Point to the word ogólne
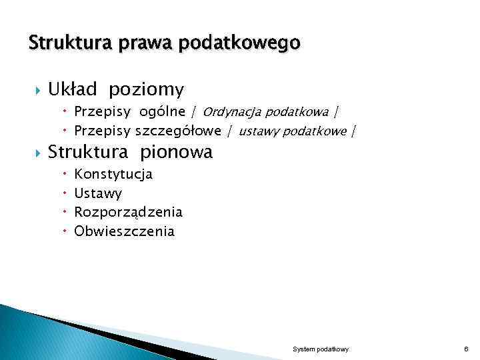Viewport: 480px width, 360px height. (x=162, y=111)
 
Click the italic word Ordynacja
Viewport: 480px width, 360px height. (x=231, y=111)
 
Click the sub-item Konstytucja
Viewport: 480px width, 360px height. (x=113, y=174)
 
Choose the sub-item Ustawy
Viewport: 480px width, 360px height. (x=98, y=193)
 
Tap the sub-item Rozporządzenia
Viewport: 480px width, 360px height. (x=128, y=213)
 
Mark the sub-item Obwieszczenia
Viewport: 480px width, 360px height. (x=124, y=231)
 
